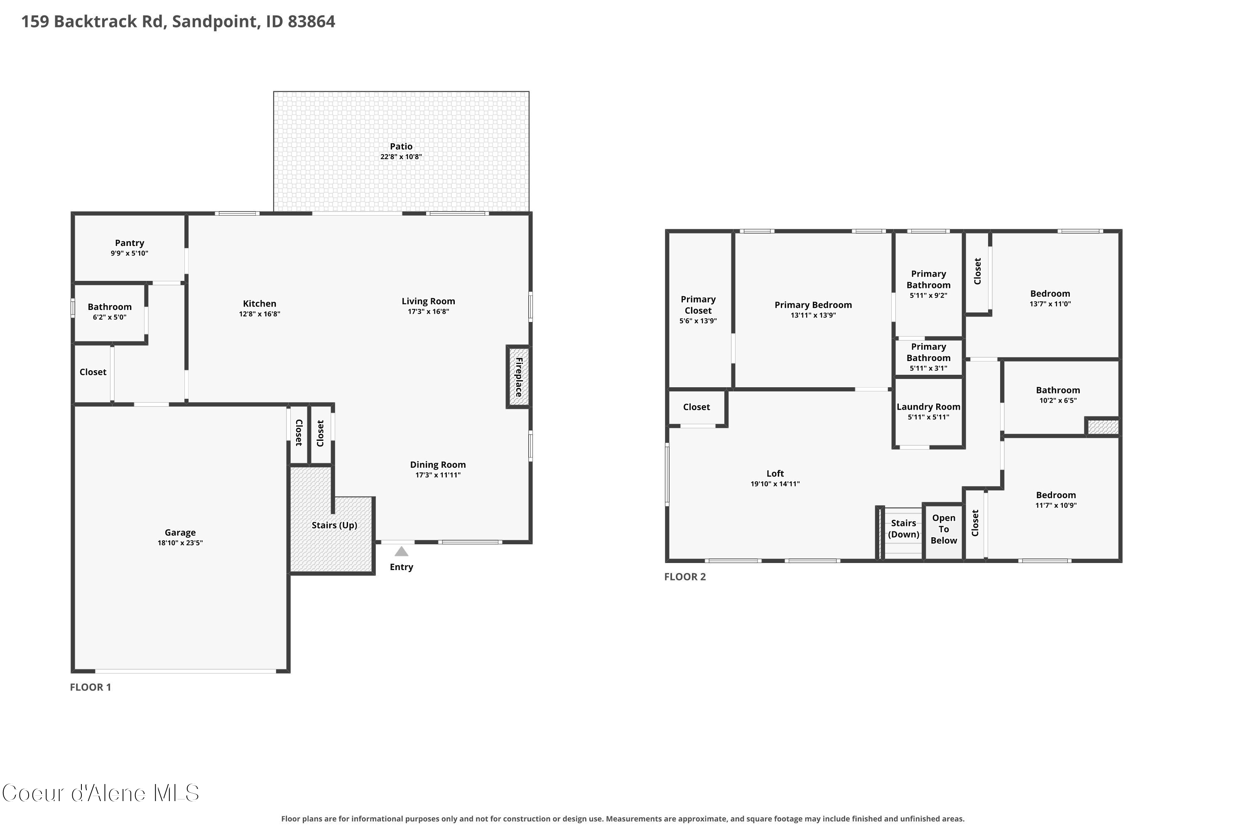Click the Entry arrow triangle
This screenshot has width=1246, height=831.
point(402,551)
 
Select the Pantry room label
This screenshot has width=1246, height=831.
point(129,243)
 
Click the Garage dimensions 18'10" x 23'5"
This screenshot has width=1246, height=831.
point(180,543)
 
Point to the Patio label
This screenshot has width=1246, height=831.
point(401,146)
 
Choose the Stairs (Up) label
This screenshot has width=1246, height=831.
point(334,525)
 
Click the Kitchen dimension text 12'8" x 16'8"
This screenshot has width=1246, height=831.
point(260,314)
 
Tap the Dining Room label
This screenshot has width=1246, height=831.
point(438,465)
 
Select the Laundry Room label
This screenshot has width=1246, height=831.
point(928,406)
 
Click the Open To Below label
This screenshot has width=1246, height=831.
point(944,529)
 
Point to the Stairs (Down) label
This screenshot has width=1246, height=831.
point(903,529)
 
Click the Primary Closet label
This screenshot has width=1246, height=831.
point(698,305)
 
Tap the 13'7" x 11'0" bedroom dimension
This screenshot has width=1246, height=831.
point(1050,304)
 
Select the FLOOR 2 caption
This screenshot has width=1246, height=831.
point(685,577)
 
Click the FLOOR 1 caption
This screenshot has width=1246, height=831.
point(91,687)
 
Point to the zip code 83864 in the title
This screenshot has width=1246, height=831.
point(311,21)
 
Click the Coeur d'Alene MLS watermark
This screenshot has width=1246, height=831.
point(101,793)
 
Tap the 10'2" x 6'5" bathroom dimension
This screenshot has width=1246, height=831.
point(1058,400)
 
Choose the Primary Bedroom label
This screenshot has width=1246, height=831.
point(813,305)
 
